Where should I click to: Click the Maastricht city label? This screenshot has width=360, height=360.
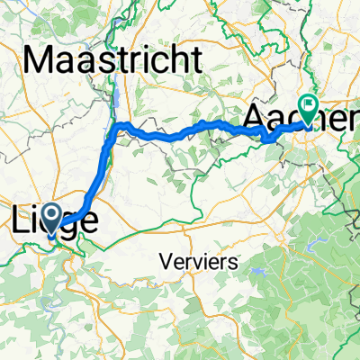point(113,60)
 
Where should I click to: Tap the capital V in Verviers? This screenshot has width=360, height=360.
point(166,261)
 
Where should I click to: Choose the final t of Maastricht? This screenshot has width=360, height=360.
point(195,60)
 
